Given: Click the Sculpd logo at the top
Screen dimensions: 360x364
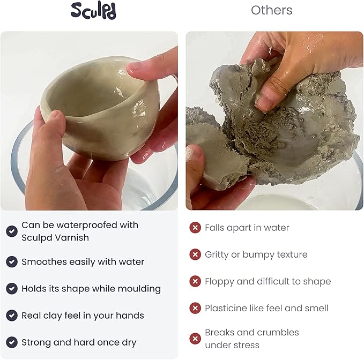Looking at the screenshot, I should (x=93, y=11).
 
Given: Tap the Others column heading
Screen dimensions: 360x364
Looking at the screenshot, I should (x=272, y=10).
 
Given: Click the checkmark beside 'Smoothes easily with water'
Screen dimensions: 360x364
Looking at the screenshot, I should (x=12, y=262).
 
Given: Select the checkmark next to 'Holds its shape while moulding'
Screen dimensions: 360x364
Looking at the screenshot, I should (x=12, y=289).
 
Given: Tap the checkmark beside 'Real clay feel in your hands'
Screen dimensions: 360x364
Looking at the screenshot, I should (x=12, y=316).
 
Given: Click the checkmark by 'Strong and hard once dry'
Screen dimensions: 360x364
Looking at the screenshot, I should (x=12, y=342).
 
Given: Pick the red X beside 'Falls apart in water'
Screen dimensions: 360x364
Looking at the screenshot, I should (x=195, y=228).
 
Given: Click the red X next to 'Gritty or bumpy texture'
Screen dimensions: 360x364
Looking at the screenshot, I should (x=195, y=255).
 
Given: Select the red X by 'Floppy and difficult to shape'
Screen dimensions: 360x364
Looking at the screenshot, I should (x=195, y=282).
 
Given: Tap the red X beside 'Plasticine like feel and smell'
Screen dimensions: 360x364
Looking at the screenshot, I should (x=195, y=309).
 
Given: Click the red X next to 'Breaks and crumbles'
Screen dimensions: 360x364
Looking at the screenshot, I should (x=195, y=339).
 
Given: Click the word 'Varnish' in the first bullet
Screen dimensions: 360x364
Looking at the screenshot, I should (x=74, y=237).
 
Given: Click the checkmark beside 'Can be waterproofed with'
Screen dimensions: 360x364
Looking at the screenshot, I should (x=12, y=231).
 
